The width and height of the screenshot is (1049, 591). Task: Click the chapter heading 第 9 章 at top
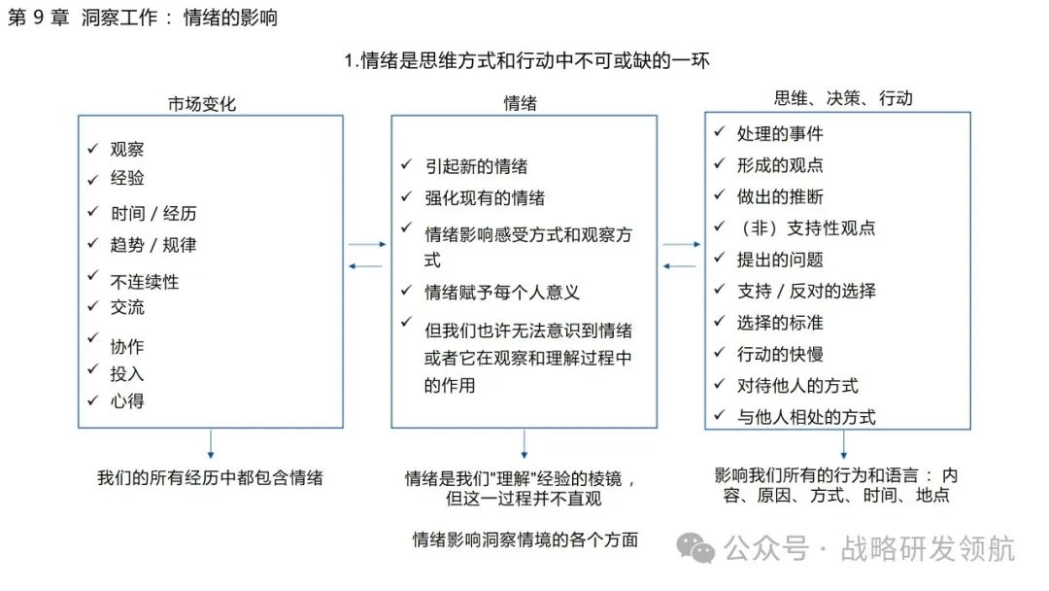coord(39,18)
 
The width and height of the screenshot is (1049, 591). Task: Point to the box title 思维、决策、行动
coord(843,98)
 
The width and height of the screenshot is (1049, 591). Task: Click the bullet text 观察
coord(127,150)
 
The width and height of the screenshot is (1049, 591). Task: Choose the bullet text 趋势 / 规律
coord(153,245)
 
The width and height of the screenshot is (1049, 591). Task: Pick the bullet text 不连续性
coord(145,282)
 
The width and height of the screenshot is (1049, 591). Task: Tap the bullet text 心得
coord(127,400)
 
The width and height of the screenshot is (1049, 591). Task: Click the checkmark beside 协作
coord(93,339)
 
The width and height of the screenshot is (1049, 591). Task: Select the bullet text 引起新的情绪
coord(477,166)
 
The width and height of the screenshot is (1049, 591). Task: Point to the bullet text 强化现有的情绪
coord(486,198)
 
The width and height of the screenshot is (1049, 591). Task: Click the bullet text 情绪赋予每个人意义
coord(503,292)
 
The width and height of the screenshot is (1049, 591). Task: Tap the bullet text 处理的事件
coord(780,134)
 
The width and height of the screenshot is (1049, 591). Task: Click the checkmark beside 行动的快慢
coord(720,352)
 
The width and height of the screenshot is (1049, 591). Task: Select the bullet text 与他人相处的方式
coord(806,417)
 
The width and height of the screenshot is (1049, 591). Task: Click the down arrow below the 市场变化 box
coord(210,444)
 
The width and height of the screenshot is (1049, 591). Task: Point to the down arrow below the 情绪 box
coord(524,444)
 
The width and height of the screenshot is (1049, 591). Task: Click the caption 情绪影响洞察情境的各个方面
coord(525,539)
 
